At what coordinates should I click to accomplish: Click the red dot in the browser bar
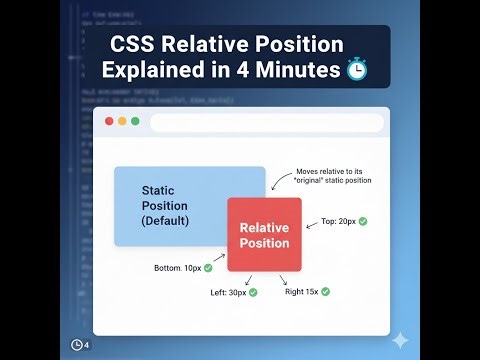point(108,122)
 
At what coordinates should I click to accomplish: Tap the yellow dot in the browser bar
point(121,122)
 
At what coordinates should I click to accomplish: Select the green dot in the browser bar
point(134,122)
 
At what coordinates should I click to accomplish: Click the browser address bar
point(266,123)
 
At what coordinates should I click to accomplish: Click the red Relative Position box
point(264,235)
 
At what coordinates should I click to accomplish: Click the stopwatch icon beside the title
point(356,70)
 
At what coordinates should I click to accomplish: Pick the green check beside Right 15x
point(325,291)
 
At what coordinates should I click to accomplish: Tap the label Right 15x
point(301,291)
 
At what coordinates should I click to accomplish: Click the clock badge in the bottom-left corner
point(80,345)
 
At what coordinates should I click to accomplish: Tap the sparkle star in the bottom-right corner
point(400,340)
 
